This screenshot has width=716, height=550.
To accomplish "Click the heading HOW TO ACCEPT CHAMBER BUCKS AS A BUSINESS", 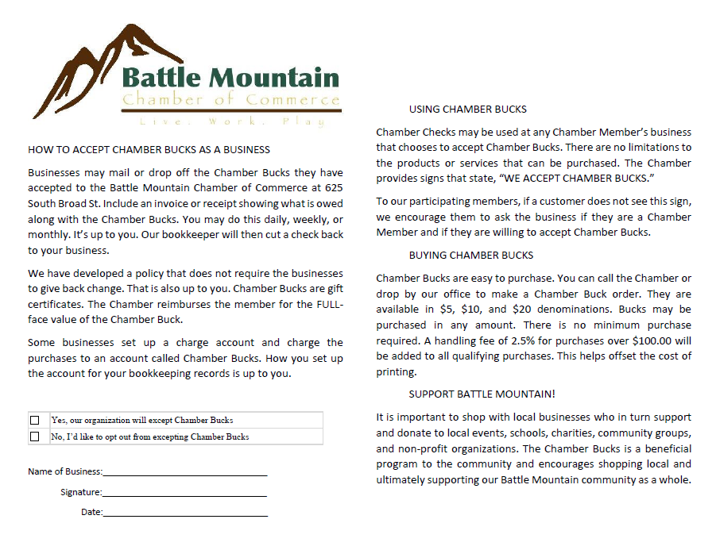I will click(149, 149).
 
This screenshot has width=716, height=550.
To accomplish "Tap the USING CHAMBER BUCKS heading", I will click(467, 110).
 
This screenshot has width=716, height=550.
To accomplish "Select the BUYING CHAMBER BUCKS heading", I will click(471, 256).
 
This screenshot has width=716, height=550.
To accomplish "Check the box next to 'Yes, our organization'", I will click(34, 420).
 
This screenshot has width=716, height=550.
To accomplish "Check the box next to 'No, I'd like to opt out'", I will click(34, 437).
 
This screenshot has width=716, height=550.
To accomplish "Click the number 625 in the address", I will click(334, 187).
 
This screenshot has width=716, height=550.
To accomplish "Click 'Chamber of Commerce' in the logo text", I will click(230, 100).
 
